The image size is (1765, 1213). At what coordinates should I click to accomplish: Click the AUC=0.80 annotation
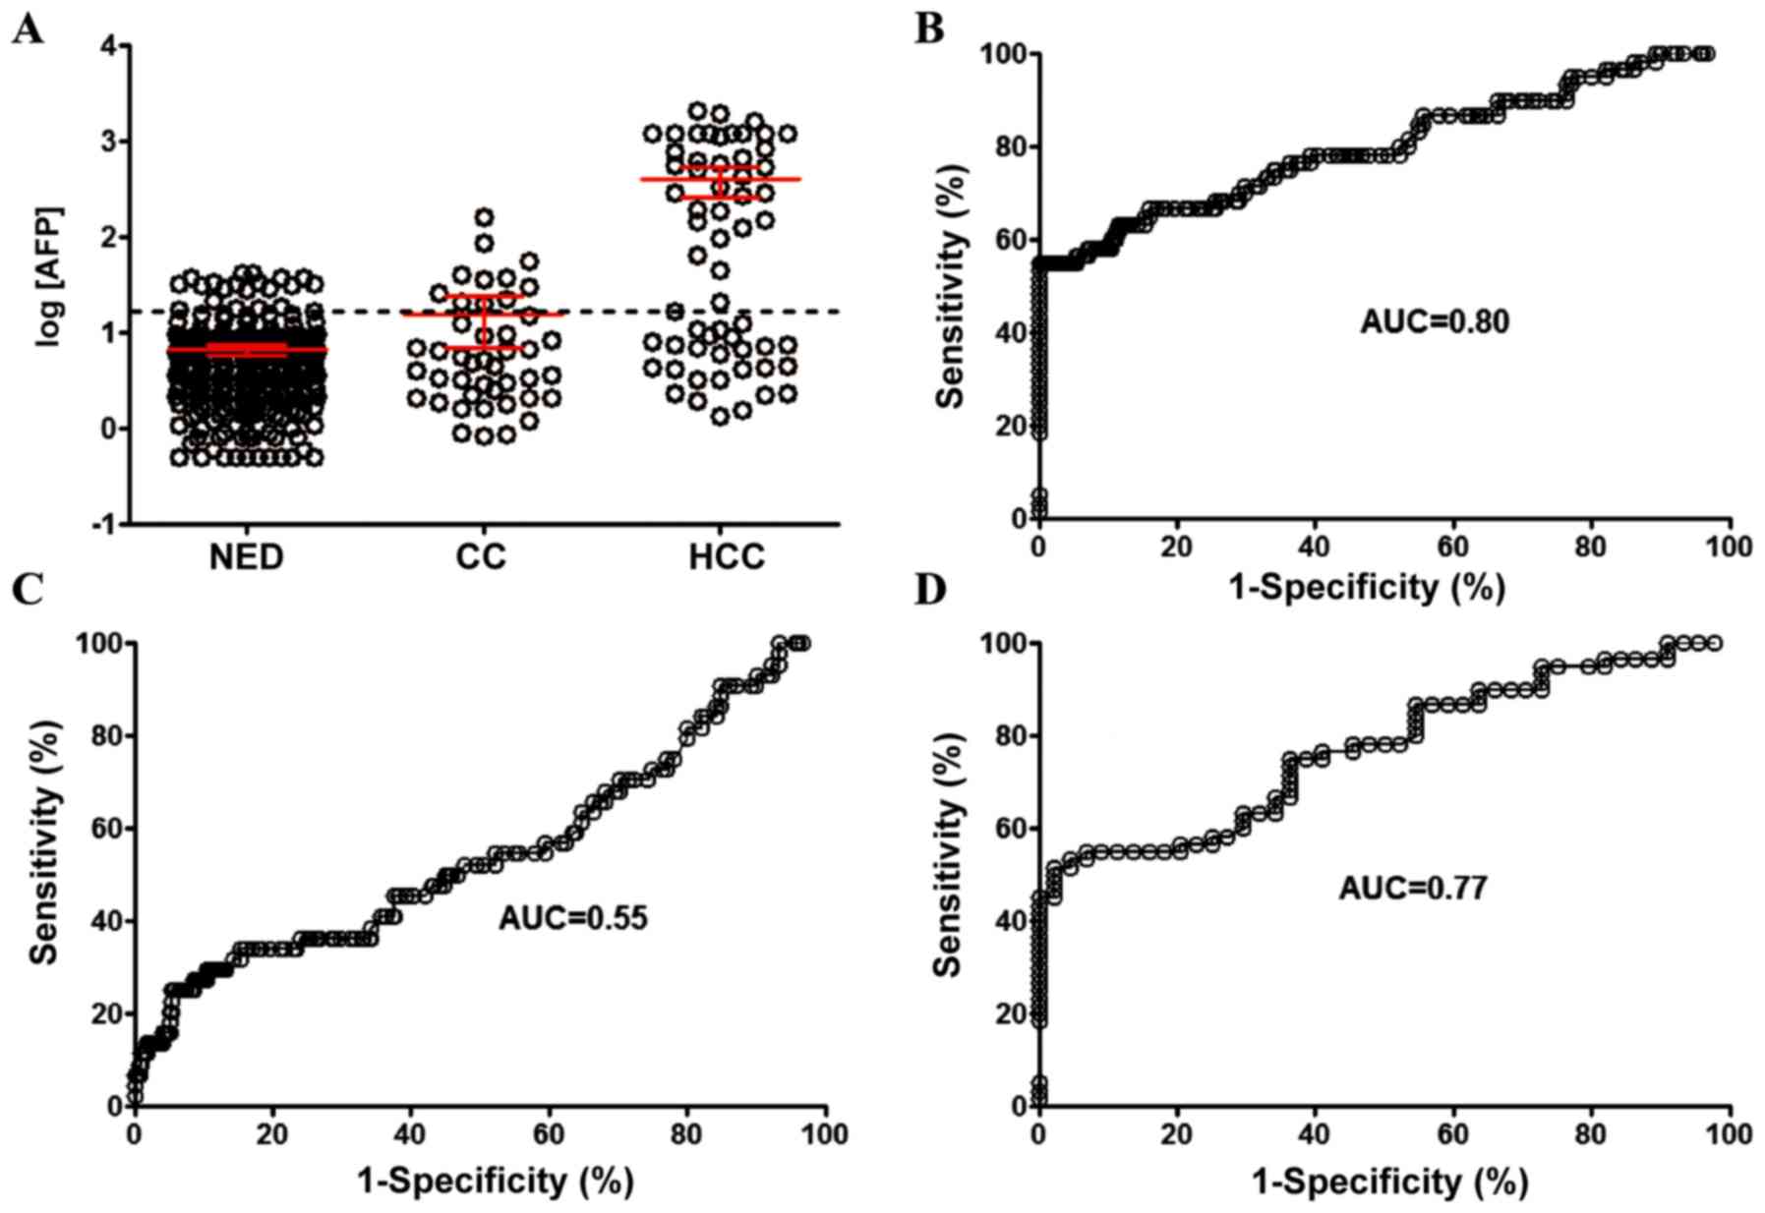pyautogui.click(x=1434, y=321)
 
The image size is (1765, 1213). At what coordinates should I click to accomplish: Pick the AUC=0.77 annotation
pyautogui.click(x=1412, y=888)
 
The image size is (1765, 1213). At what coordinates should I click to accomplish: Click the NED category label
pyautogui.click(x=246, y=558)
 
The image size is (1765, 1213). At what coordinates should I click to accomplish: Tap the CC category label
pyautogui.click(x=481, y=558)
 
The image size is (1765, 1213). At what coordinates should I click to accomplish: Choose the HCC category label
pyautogui.click(x=727, y=558)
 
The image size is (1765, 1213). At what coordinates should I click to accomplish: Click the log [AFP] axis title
pyautogui.click(x=49, y=277)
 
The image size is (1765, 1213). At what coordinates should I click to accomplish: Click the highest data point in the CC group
pyautogui.click(x=485, y=217)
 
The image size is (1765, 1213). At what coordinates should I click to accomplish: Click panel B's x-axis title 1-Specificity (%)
pyautogui.click(x=1367, y=588)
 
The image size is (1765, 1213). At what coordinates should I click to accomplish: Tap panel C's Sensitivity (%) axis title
pyautogui.click(x=45, y=842)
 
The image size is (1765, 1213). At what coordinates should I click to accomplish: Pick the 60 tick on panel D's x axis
pyautogui.click(x=1452, y=1133)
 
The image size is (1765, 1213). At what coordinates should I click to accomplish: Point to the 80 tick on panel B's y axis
pyautogui.click(x=1004, y=147)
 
